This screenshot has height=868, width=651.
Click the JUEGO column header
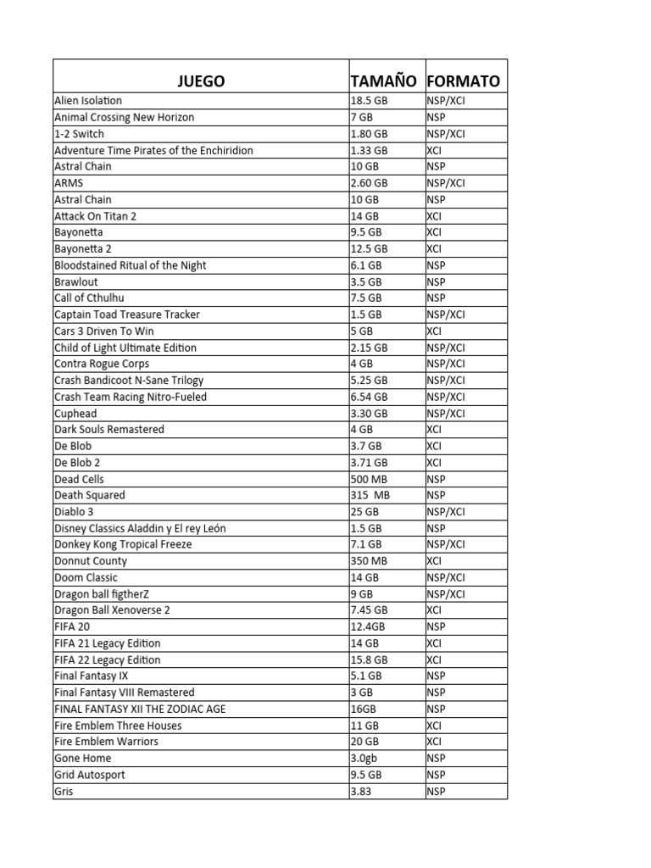coord(201,81)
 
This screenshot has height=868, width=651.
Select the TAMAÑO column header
coord(384,81)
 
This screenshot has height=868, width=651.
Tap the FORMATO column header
coord(464,81)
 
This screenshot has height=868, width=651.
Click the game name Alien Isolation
coord(88,101)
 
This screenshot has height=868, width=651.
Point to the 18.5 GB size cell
coord(370,101)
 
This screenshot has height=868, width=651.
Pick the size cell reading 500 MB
coord(370,479)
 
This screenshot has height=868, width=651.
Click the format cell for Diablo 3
coord(446,512)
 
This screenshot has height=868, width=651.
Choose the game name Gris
coord(64,791)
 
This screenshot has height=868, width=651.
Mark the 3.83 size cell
coord(363,791)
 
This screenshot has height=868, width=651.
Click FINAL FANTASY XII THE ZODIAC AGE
coord(140,709)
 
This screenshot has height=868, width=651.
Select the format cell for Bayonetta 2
coord(434,248)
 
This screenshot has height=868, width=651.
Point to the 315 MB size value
coord(370,495)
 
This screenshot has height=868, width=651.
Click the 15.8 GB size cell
coord(370,659)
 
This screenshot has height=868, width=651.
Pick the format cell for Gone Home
coord(436,758)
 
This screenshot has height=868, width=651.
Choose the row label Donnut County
coord(91,561)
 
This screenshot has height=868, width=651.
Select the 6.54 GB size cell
coord(370,397)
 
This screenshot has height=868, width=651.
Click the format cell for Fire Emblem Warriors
coord(434,742)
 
